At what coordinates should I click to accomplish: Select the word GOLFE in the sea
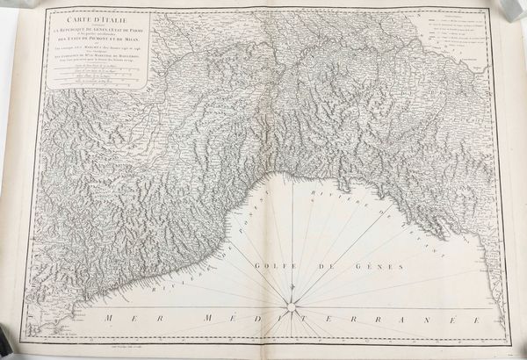[275, 265]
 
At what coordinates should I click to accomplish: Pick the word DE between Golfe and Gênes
[331, 265]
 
